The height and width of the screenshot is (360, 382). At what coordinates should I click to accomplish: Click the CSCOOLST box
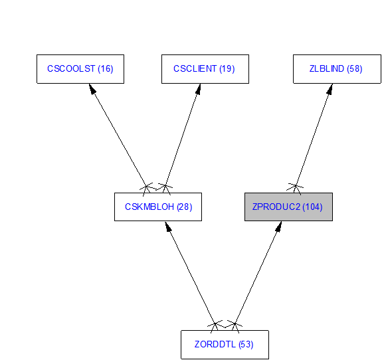tap(80, 69)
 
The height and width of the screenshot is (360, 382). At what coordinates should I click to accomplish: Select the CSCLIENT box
tap(205, 69)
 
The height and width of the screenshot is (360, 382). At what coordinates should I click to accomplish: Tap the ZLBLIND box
tap(337, 69)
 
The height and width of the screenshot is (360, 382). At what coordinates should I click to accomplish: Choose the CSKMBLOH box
tap(158, 207)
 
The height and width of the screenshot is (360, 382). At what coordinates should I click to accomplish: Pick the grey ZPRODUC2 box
tap(288, 207)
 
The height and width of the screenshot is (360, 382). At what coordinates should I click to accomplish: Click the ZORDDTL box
tap(225, 345)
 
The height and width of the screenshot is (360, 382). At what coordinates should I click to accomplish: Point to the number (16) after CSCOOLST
tap(106, 68)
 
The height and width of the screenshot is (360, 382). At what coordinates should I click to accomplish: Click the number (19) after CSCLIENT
tap(227, 68)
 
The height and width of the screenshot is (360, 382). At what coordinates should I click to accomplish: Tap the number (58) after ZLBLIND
tap(355, 68)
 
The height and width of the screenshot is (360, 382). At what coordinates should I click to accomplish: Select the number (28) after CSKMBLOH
tap(185, 207)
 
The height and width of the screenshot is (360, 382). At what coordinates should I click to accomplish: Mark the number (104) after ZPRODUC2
tap(312, 207)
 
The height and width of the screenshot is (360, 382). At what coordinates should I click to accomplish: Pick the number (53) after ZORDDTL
tap(246, 345)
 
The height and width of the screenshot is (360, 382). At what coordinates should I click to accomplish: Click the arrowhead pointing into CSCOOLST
tap(92, 88)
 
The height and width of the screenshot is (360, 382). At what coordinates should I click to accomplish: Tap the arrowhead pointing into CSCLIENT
tap(199, 89)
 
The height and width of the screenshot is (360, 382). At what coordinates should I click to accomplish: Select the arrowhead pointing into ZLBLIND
tap(330, 89)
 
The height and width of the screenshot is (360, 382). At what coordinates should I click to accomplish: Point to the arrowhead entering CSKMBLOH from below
tap(168, 226)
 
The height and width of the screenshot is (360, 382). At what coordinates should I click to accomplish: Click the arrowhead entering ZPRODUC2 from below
tap(279, 226)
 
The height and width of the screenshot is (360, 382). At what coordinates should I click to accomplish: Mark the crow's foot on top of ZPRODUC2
tap(295, 189)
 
